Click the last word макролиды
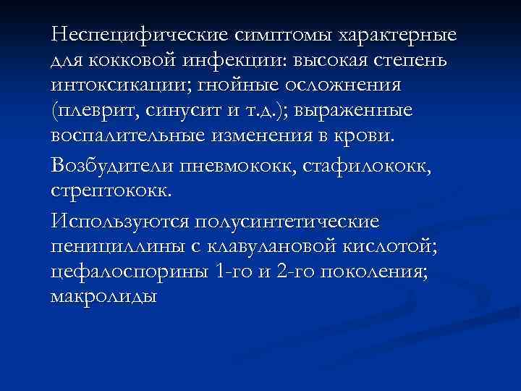tap(103, 297)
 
